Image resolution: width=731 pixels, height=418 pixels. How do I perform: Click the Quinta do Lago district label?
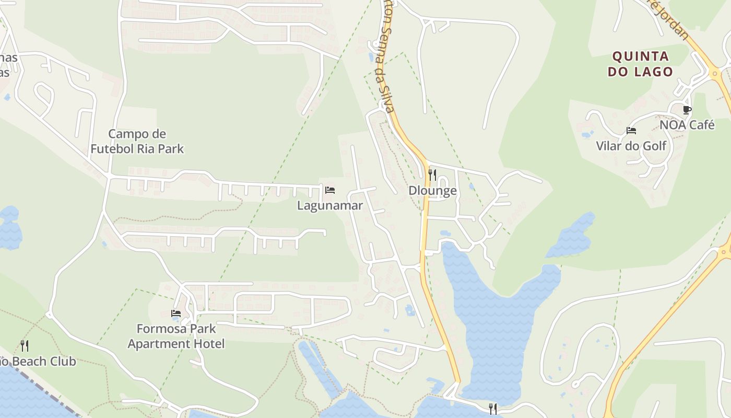coord(640,64)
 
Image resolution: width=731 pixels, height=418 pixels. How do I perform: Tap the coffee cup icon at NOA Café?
coord(687,110)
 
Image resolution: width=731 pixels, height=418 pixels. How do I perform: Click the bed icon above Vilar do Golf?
coord(631,131)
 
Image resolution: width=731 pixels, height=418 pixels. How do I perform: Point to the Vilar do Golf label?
coord(631,145)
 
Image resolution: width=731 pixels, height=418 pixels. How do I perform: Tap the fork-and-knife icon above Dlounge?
coord(432,175)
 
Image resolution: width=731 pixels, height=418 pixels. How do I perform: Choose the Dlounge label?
coord(432,191)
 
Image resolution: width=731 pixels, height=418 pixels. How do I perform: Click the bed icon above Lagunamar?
coord(330,190)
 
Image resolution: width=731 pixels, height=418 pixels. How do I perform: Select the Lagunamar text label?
coord(330,205)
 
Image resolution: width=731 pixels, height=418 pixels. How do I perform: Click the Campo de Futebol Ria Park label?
coord(137,141)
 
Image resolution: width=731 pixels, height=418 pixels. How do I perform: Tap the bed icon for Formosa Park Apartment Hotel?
coord(176,313)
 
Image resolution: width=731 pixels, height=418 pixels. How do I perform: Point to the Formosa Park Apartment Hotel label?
coord(176,336)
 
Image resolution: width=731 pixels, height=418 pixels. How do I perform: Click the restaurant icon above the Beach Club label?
coord(25,345)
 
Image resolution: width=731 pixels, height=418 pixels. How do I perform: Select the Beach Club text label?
coord(39,361)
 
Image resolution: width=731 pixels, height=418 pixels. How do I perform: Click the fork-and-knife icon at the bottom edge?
coord(493,409)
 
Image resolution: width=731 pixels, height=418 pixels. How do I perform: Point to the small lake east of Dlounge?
coord(572,237)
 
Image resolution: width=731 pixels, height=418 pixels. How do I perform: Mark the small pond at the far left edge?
coord(9,227)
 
